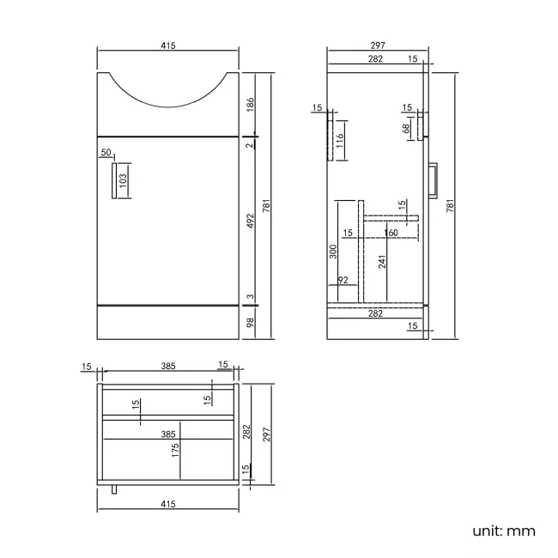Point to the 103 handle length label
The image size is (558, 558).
pyautogui.click(x=123, y=181)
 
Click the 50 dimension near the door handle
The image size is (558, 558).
pyautogui.click(x=106, y=153)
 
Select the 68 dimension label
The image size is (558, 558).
pyautogui.click(x=407, y=129)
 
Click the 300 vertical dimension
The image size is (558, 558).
pyautogui.click(x=333, y=252)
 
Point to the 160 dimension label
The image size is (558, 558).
pyautogui.click(x=391, y=234)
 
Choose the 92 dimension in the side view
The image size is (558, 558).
pyautogui.click(x=343, y=281)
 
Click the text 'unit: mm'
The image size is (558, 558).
pyautogui.click(x=504, y=531)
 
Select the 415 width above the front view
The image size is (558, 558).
pyautogui.click(x=167, y=46)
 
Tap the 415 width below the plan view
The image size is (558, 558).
pyautogui.click(x=167, y=504)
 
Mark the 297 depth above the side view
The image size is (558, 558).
pyautogui.click(x=378, y=46)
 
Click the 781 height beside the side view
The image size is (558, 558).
pyautogui.click(x=450, y=205)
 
